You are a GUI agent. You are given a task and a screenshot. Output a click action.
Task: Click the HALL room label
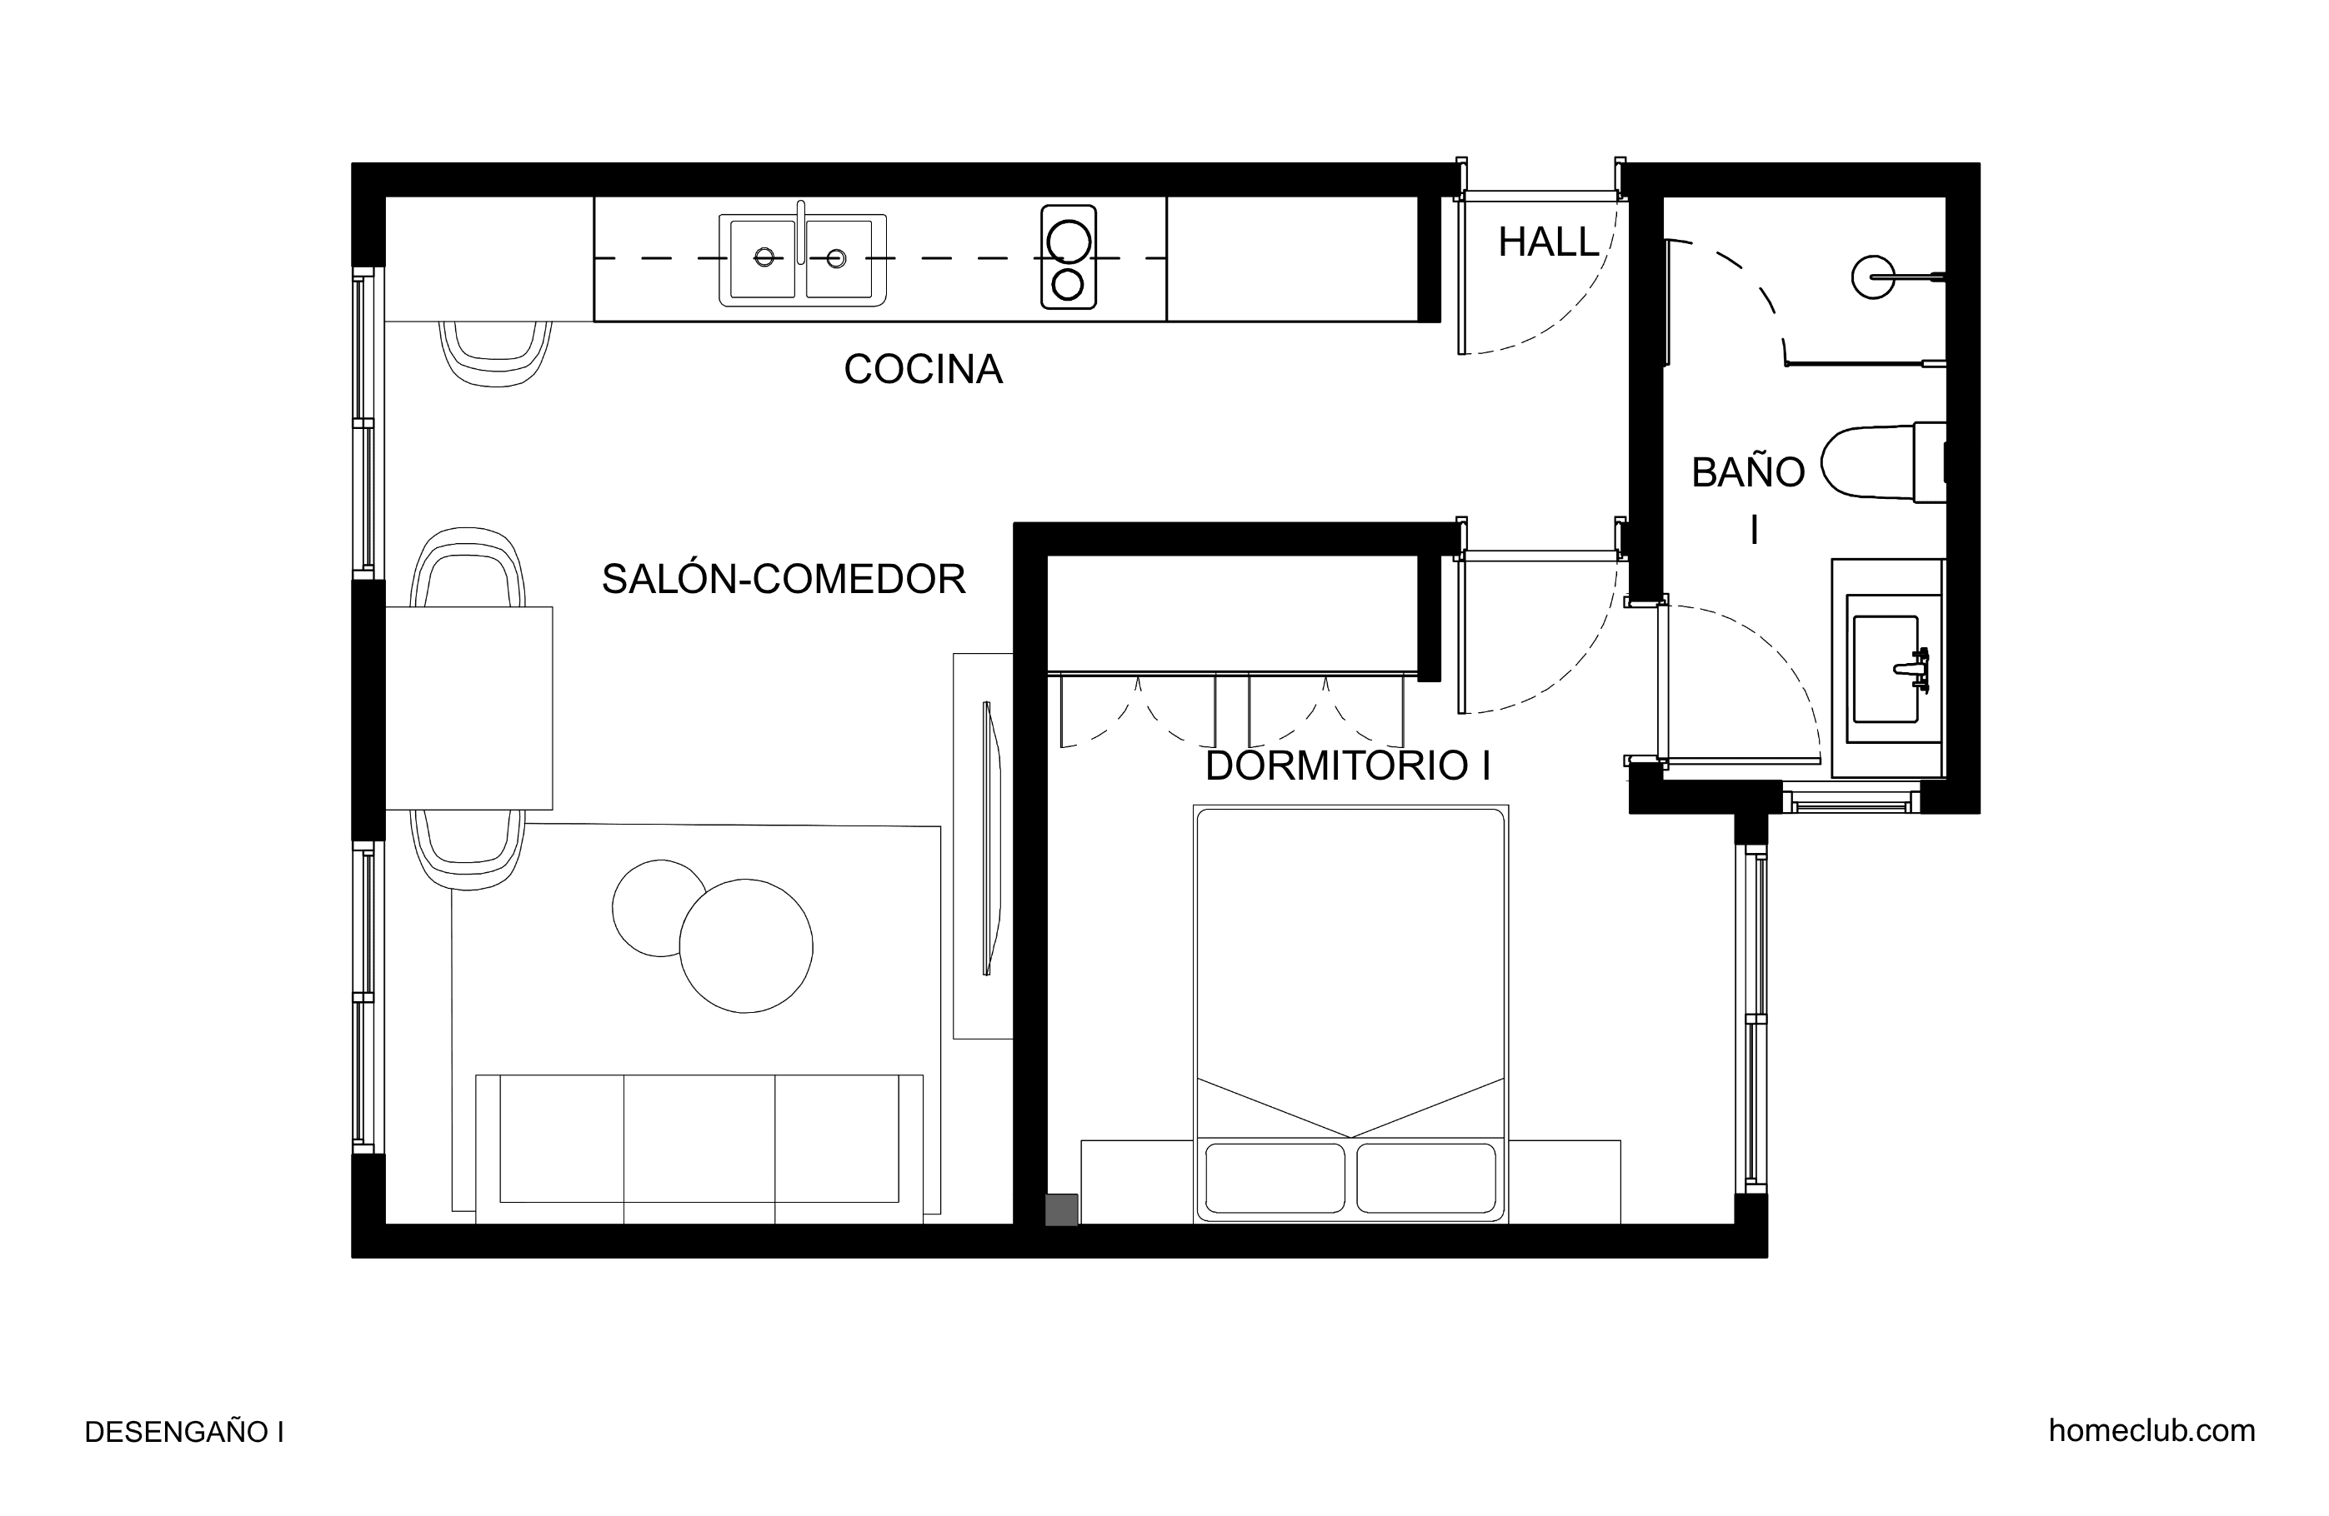[1548, 242]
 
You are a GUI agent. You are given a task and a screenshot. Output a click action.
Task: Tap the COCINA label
[923, 370]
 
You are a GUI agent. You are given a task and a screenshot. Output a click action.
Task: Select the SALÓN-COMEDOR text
[783, 579]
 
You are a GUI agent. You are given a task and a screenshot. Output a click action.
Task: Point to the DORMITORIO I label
[1348, 765]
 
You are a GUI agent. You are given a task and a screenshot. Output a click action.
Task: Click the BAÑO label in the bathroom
[1748, 472]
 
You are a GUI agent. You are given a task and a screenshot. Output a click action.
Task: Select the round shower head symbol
[1873, 277]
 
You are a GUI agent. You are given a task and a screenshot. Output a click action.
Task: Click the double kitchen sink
[803, 259]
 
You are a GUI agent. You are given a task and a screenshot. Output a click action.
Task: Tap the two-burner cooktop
[1068, 257]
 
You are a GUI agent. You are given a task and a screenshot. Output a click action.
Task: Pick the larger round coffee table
[746, 945]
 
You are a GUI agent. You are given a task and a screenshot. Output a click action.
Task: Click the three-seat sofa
[699, 1149]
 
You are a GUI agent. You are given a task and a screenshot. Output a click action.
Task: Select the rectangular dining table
[468, 708]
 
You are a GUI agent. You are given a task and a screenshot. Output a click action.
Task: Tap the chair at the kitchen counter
[496, 353]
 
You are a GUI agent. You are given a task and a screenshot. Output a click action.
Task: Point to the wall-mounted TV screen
[991, 838]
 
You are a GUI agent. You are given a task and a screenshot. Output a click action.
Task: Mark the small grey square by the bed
[1062, 1209]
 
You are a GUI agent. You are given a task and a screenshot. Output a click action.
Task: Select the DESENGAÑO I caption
[184, 1432]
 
